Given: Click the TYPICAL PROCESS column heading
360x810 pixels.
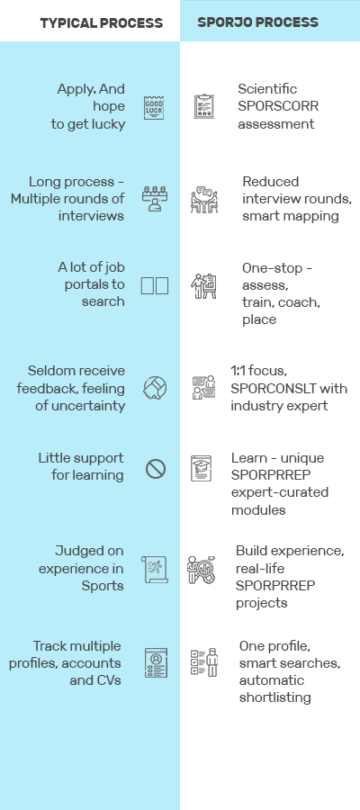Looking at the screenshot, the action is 102,22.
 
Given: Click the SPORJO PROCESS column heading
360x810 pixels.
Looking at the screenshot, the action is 257,22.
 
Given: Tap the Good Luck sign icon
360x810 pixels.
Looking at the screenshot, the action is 154,107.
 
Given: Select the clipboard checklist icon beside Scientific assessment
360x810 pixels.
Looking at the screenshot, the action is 204,106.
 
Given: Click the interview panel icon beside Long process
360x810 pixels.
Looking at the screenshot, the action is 154,199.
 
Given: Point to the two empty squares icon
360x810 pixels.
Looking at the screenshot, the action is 155,285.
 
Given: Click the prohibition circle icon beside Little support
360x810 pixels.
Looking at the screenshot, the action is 156,469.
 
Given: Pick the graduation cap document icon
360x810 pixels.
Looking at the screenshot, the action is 201,468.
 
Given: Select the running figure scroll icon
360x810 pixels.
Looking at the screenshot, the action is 155,570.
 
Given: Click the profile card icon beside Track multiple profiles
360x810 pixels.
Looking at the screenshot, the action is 156,662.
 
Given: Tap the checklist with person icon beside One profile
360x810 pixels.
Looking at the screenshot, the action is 204,662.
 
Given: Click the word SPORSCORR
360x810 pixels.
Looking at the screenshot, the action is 278,106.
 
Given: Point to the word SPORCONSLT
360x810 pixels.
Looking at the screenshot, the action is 289,389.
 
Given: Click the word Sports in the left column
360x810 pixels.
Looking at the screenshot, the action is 103,586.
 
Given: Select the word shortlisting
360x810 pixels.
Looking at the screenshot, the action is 274,697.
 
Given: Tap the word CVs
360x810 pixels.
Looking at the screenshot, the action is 108,679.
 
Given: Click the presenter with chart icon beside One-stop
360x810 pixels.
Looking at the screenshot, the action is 203,286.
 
